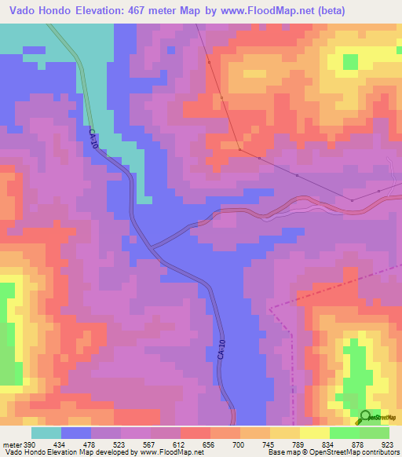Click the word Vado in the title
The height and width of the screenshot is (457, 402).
point(24,11)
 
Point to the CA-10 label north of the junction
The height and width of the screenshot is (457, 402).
point(93,141)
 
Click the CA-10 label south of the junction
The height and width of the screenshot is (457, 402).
point(222,349)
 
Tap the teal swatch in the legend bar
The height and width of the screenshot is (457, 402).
point(46,433)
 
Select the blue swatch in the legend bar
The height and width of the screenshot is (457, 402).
point(76,433)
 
